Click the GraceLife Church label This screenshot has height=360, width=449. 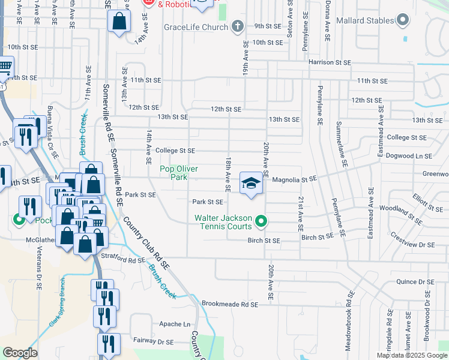pos(196,27)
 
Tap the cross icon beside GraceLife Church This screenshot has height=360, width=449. pos(238,26)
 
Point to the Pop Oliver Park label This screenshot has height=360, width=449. pos(178,173)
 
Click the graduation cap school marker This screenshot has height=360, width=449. pos(252,183)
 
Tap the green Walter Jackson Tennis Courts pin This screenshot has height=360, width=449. pos(261,222)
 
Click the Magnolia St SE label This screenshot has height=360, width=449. pos(294,179)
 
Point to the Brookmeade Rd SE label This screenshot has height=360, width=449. pos(230,304)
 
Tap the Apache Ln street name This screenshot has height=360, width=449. pos(175,324)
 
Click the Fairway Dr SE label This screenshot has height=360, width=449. pos(153,341)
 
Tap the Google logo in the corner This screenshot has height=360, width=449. pos(20,353)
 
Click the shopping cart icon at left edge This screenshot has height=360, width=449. pos(5,67)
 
